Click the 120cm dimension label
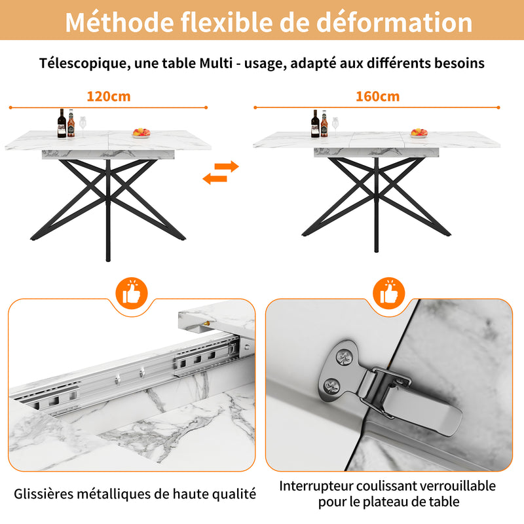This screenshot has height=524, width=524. (109, 96)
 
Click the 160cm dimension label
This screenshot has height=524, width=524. (377, 96)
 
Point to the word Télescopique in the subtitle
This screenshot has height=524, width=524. (77, 64)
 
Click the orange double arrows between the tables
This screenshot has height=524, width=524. (221, 172)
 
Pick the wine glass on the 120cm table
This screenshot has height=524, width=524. (83, 125)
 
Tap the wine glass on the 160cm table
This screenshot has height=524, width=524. (335, 124)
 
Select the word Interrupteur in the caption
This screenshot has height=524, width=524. (317, 486)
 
